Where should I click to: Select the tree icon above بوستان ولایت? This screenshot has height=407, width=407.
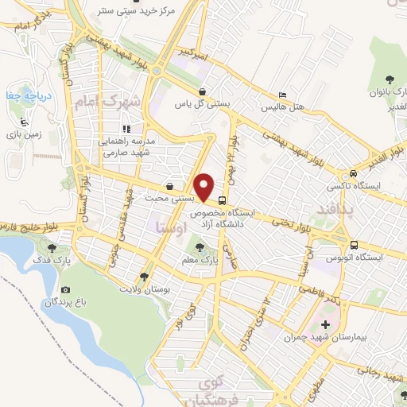pos(144,277)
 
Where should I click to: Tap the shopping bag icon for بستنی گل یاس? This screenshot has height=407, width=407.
pos(203,91)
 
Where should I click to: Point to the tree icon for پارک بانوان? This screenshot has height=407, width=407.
pos(390,79)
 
